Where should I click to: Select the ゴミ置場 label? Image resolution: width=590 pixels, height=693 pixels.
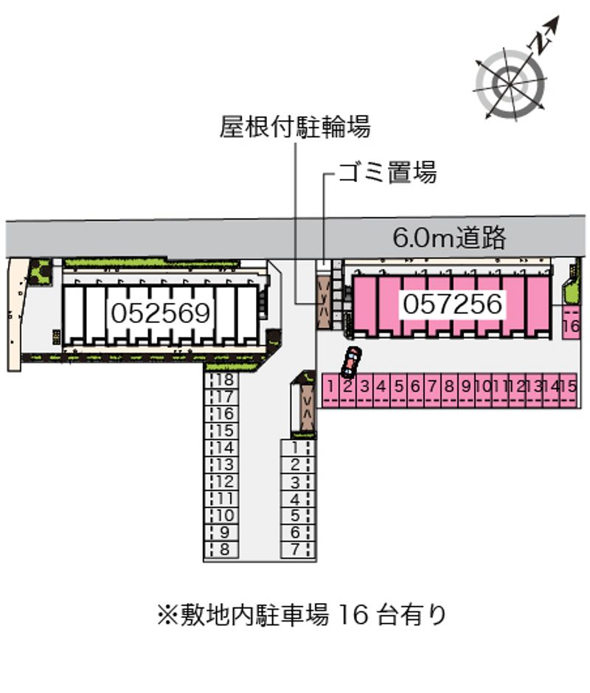point(387,173)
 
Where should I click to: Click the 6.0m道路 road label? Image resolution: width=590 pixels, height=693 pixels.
point(449,237)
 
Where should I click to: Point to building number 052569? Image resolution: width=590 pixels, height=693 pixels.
point(162,313)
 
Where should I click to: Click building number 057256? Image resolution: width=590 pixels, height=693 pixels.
point(453,303)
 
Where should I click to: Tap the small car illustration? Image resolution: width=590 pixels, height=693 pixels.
point(350,361)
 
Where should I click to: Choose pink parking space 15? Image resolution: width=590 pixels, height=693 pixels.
point(568,389)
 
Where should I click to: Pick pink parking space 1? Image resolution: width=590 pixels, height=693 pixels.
point(332,389)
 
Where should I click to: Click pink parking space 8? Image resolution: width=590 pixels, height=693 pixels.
point(449,389)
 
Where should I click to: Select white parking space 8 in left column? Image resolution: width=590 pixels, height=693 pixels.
point(224,549)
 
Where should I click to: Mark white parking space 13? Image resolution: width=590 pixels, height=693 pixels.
point(224,464)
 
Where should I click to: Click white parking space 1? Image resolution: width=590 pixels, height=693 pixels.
point(296,448)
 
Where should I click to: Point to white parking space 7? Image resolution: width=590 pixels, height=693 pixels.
point(296,549)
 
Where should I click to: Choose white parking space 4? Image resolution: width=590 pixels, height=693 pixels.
point(296,498)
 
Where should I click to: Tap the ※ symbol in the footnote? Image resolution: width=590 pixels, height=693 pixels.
point(164,614)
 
